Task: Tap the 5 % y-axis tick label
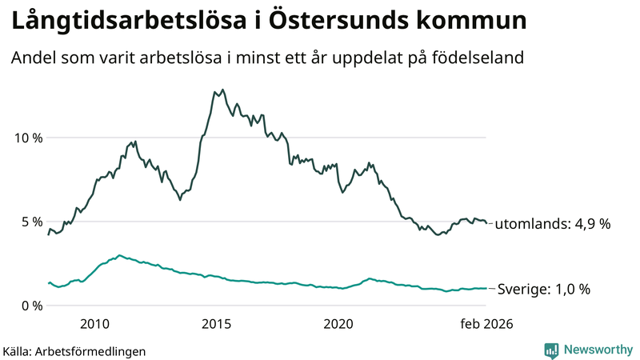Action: tap(31, 222)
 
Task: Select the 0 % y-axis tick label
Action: tap(31, 306)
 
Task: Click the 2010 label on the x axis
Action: tap(94, 323)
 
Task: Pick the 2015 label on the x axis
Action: tap(216, 323)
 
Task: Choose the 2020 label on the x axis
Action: tap(338, 323)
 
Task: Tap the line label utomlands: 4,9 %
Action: tap(552, 225)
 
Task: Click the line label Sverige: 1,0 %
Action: tap(543, 290)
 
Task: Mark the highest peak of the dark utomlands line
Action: tap(222, 90)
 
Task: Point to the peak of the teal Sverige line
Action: tap(119, 255)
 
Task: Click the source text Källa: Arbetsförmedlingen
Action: tap(74, 351)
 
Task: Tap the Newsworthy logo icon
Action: tap(551, 350)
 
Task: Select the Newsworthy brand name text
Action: tap(598, 350)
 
